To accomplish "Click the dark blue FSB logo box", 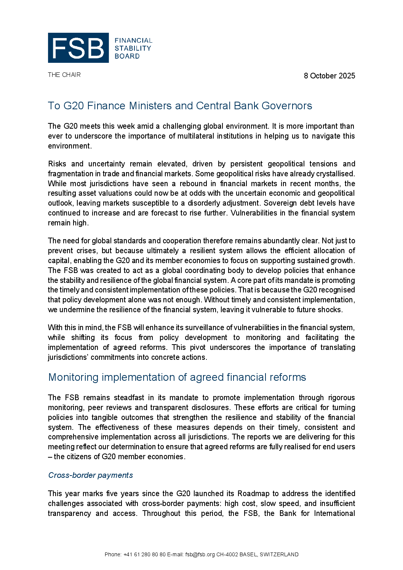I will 78,48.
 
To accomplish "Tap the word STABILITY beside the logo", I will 133,48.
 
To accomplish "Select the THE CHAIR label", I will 64,75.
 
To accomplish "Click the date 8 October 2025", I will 329,76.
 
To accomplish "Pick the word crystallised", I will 337,174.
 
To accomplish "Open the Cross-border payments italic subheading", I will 91,475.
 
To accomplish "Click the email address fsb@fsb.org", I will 200,554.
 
